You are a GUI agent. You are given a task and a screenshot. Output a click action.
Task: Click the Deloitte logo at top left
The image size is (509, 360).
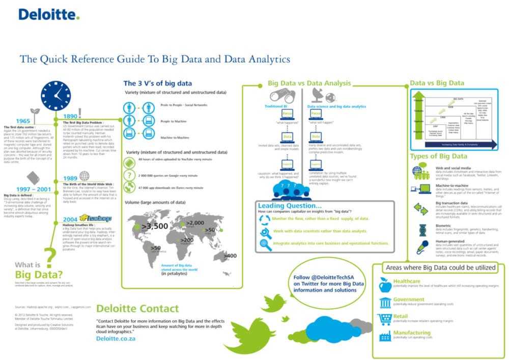(x=49, y=14)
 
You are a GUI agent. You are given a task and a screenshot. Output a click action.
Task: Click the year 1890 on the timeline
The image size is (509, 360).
(x=71, y=117)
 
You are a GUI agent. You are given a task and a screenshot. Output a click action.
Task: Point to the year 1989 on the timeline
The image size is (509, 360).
(x=70, y=178)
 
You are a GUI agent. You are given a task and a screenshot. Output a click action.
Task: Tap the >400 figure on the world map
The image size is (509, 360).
(x=230, y=255)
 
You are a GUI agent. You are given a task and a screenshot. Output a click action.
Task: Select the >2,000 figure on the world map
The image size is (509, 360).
(x=195, y=223)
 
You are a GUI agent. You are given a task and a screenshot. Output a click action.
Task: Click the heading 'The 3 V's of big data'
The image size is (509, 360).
(x=158, y=83)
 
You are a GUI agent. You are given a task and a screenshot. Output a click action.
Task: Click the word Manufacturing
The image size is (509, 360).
(x=415, y=333)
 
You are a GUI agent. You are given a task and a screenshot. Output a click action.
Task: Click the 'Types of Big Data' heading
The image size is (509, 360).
(x=439, y=156)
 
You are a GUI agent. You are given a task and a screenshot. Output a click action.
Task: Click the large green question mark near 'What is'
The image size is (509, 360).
(x=49, y=258)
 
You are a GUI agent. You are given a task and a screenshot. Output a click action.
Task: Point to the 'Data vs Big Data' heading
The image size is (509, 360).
(x=437, y=82)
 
